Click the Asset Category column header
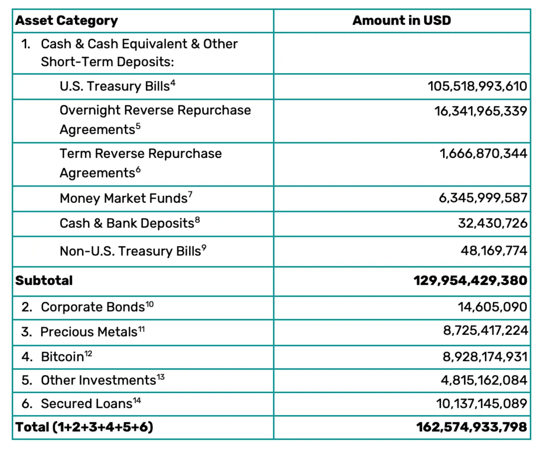point(67,21)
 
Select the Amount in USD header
point(402,20)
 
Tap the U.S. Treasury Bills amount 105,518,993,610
point(477,86)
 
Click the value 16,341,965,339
point(480,111)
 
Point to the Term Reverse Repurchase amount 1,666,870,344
point(483,153)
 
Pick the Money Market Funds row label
point(124,198)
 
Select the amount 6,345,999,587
point(483,198)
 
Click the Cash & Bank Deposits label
point(127,223)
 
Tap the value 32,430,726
point(492,223)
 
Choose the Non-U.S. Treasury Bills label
point(130,251)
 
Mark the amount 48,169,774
point(494,251)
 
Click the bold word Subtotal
point(44,280)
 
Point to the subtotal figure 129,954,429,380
point(470,280)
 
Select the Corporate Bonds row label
point(93,307)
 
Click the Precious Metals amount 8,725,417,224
point(485,330)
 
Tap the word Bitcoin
point(62,357)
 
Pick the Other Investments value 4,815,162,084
point(484,380)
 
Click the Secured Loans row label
point(87,404)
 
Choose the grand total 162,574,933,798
point(471,427)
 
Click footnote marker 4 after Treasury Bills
point(173,83)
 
